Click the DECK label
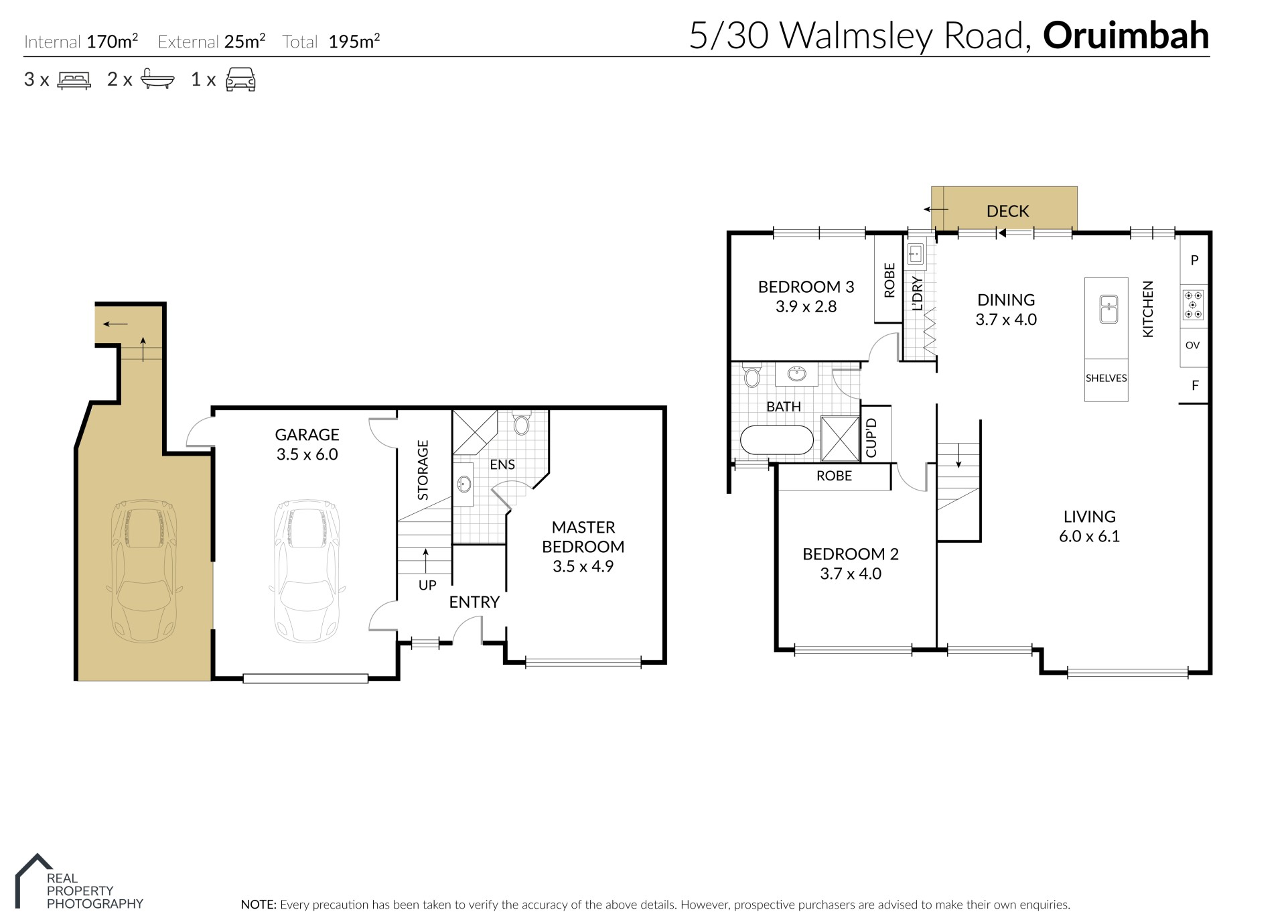point(1007,211)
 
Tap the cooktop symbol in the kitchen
point(1193,304)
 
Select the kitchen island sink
point(1109,309)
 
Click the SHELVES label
point(1106,378)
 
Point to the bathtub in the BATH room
point(777,440)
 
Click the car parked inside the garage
point(307,571)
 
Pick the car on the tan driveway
point(144,571)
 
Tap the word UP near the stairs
point(427,585)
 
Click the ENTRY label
point(474,602)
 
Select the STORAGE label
point(423,470)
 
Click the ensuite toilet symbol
point(521,421)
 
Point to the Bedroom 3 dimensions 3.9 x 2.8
point(806,306)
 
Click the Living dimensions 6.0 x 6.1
point(1089,536)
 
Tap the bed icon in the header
point(74,80)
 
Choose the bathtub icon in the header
point(157,79)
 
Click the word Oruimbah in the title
point(1126,35)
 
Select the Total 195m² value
point(354,42)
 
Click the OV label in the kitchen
point(1192,345)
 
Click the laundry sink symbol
point(915,254)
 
